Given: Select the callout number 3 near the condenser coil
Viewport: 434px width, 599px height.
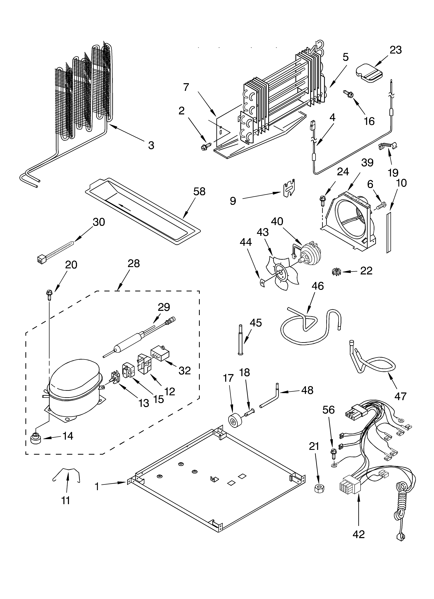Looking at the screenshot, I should pos(151,145).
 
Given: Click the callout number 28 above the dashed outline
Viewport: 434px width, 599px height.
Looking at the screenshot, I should pos(134,263).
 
